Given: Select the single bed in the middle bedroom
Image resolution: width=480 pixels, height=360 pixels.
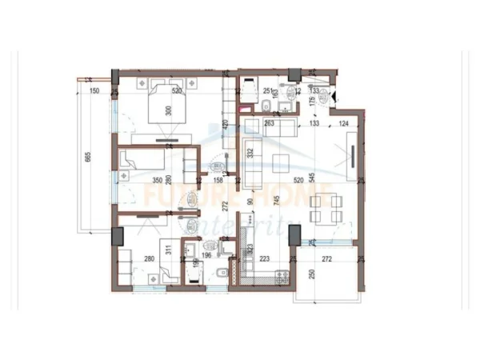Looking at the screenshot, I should click(x=139, y=163).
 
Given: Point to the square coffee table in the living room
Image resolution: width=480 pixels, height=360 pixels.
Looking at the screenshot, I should click(x=282, y=162).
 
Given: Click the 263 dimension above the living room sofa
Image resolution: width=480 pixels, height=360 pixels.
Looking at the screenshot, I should click(x=270, y=123).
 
